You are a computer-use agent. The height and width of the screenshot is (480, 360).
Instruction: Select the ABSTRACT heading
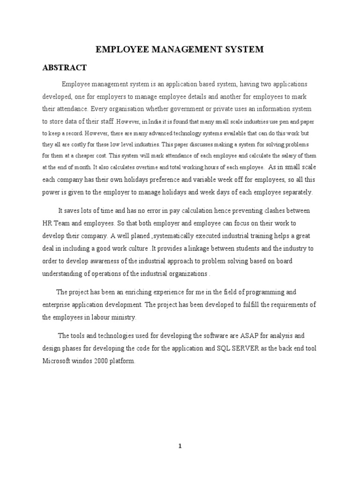pyautogui.click(x=64, y=67)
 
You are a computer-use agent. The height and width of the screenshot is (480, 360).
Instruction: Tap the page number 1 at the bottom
pyautogui.click(x=180, y=447)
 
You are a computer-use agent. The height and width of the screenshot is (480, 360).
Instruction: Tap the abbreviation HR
pyautogui.click(x=47, y=223)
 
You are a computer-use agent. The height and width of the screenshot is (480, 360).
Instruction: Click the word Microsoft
pyautogui.click(x=58, y=361)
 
